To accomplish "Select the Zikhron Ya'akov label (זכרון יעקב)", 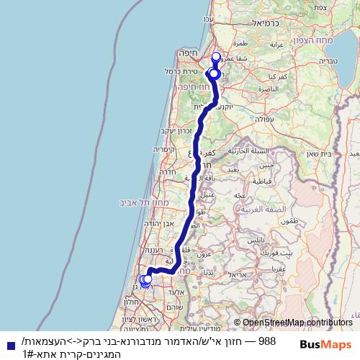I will pos(174,130).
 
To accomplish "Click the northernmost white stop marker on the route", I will pos(215,57).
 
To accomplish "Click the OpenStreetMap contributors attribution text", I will pos(297,323).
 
